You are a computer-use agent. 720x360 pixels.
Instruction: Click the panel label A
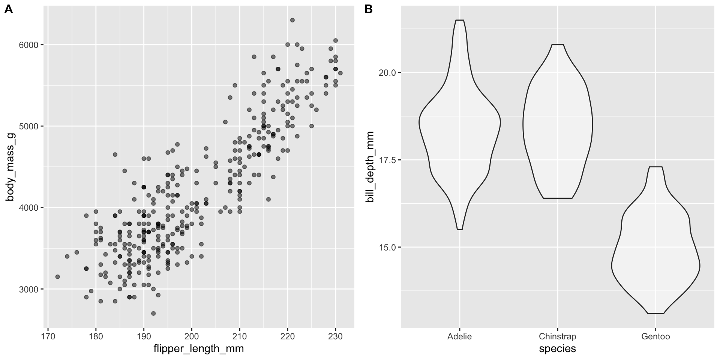point(8,10)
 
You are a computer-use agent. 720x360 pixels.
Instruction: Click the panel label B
point(369,10)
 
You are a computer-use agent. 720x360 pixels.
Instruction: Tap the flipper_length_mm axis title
point(199,349)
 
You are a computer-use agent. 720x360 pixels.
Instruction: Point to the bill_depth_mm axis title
point(370,166)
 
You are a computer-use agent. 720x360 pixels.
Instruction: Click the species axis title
point(557,349)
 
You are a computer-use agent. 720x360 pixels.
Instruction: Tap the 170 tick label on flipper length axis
point(48,336)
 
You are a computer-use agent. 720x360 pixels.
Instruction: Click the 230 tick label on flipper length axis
point(336,336)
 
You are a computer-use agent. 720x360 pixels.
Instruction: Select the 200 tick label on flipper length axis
point(192,336)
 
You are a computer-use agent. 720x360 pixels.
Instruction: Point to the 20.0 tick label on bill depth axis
point(387,72)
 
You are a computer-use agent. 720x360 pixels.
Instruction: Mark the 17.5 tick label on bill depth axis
point(387,160)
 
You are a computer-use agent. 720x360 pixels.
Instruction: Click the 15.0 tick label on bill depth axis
point(387,247)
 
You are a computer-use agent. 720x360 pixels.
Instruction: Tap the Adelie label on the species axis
point(459,336)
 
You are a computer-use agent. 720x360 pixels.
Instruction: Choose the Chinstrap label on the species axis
point(557,336)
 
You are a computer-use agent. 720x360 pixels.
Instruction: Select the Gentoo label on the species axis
point(655,336)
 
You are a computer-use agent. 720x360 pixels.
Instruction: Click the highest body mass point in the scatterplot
point(292,20)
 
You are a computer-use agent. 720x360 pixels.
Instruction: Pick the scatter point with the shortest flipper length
point(57,277)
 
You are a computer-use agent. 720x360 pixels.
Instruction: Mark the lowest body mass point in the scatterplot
point(153,313)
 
